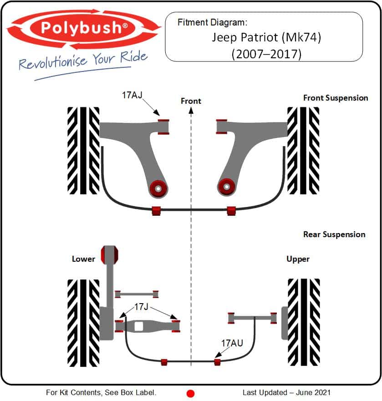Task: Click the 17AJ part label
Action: (132, 96)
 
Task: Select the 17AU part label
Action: (232, 343)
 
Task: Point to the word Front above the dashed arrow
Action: (191, 101)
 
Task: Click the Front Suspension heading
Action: (336, 98)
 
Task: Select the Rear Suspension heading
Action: (334, 234)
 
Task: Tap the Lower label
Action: (83, 259)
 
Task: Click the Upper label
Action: (298, 259)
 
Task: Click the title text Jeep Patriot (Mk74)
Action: (266, 37)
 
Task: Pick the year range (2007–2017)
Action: (266, 54)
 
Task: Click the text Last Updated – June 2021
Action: (286, 392)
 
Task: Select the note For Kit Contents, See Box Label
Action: (101, 392)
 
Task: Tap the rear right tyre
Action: (303, 322)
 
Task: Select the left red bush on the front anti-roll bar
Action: (156, 211)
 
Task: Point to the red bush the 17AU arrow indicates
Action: (217, 362)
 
